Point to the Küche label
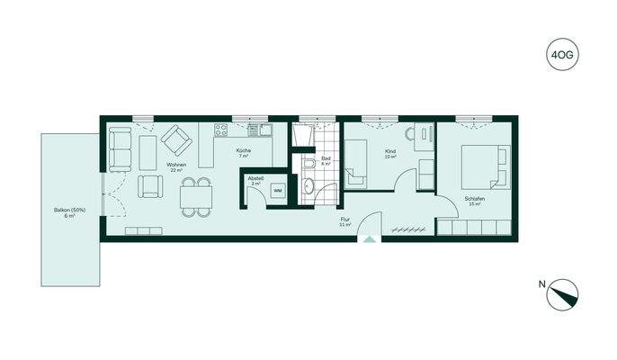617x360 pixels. (243, 151)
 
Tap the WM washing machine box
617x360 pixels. (278, 191)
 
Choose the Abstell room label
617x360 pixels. (255, 179)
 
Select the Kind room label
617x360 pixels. (390, 152)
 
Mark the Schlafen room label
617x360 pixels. (474, 201)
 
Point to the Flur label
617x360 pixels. (344, 220)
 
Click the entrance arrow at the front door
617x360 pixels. (368, 239)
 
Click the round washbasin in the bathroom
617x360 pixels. (308, 187)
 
